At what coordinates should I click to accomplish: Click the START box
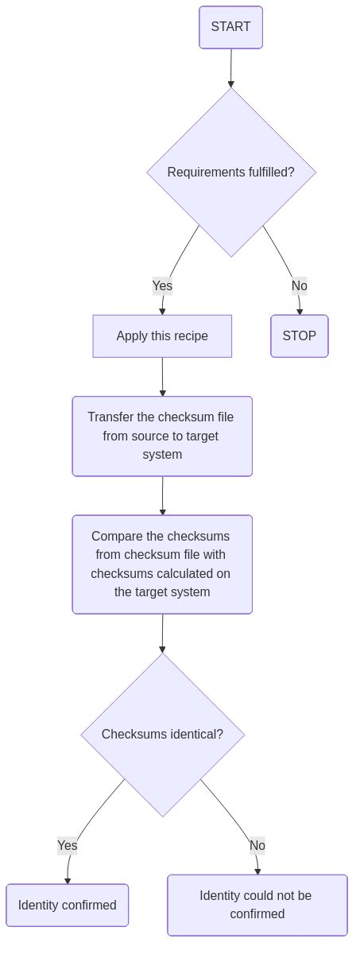(x=230, y=27)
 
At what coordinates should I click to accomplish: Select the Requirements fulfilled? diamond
(x=230, y=173)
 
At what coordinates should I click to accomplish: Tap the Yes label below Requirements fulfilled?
(x=162, y=285)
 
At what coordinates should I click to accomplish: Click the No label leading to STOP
(x=299, y=285)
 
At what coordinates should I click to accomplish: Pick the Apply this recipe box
(x=162, y=336)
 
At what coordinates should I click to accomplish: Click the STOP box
(x=299, y=336)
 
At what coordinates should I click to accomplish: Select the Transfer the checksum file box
(x=162, y=436)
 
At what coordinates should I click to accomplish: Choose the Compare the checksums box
(x=162, y=564)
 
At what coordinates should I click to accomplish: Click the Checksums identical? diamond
(x=162, y=735)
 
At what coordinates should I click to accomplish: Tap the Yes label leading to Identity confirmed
(x=68, y=845)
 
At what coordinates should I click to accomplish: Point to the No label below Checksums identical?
(x=257, y=845)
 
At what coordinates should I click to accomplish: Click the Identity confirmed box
(x=68, y=905)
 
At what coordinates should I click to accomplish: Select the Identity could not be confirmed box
(x=257, y=905)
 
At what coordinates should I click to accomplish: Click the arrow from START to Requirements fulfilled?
(x=230, y=68)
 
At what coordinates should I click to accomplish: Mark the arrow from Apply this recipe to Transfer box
(x=162, y=377)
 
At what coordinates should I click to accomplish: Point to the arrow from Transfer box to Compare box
(x=162, y=495)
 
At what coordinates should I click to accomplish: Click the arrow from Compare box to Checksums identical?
(x=162, y=633)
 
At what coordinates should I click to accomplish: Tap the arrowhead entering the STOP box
(x=300, y=312)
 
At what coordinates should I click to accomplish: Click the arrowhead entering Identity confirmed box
(x=68, y=881)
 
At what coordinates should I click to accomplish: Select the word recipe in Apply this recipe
(x=190, y=336)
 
